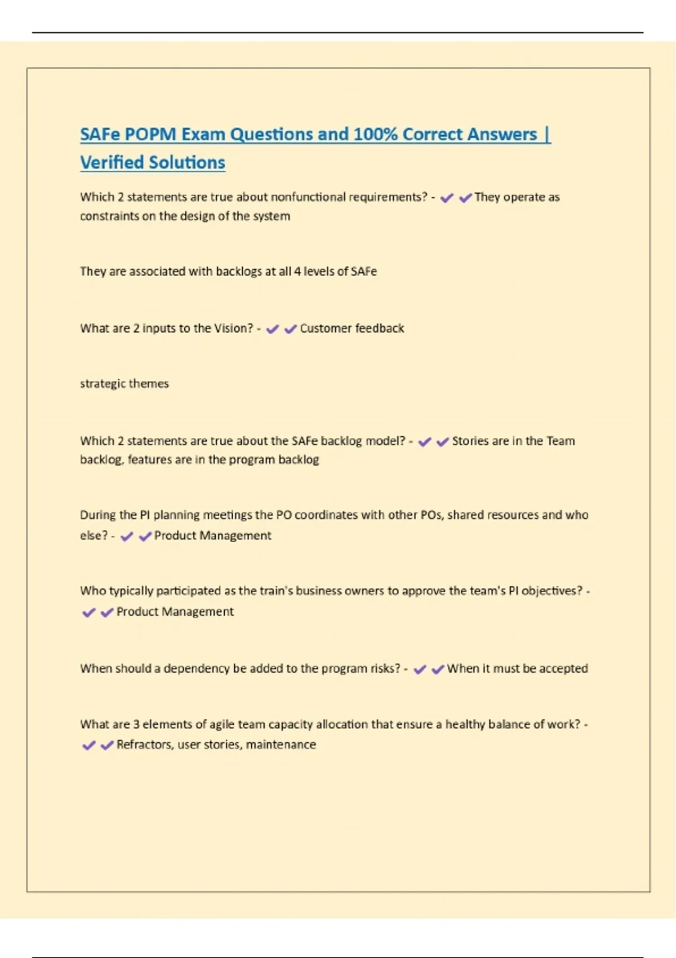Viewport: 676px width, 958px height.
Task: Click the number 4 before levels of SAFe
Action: [x=297, y=271]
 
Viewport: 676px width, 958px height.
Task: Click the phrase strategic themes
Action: [x=124, y=384]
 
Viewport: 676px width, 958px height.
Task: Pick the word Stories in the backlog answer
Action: [x=470, y=441]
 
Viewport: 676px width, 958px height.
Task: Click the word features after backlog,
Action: [x=149, y=459]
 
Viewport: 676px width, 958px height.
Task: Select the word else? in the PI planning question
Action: [x=94, y=535]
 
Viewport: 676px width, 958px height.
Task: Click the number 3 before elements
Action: [x=136, y=724]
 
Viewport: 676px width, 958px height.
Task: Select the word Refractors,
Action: [x=145, y=744]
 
